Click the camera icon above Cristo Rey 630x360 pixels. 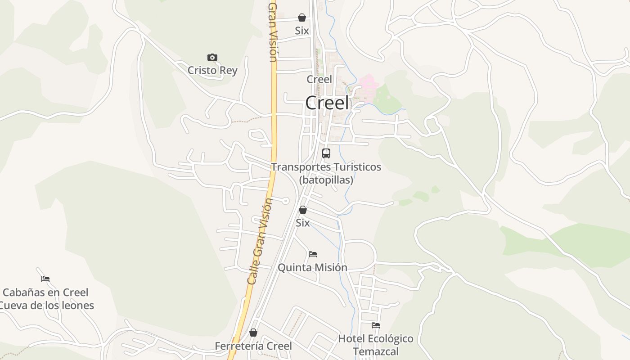tap(212, 57)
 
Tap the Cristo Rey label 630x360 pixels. tap(212, 71)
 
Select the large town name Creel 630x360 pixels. tap(327, 103)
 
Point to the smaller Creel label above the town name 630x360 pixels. tap(319, 79)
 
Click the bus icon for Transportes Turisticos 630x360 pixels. tap(326, 153)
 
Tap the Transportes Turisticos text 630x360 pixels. tap(326, 167)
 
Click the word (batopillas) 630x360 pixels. tap(326, 180)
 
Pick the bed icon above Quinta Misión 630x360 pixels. tap(313, 254)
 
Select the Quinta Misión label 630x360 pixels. tap(312, 267)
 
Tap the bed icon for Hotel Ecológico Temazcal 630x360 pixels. tap(376, 325)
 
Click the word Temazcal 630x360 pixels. tap(376, 351)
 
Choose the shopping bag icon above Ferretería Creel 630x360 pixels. tap(253, 333)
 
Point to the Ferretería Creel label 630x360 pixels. tap(253, 346)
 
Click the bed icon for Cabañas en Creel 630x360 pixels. tap(45, 279)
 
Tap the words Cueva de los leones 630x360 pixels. tap(46, 306)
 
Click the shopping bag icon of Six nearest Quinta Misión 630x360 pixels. tap(303, 210)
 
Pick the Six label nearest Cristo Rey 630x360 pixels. tap(302, 31)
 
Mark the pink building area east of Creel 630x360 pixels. tap(369, 84)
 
